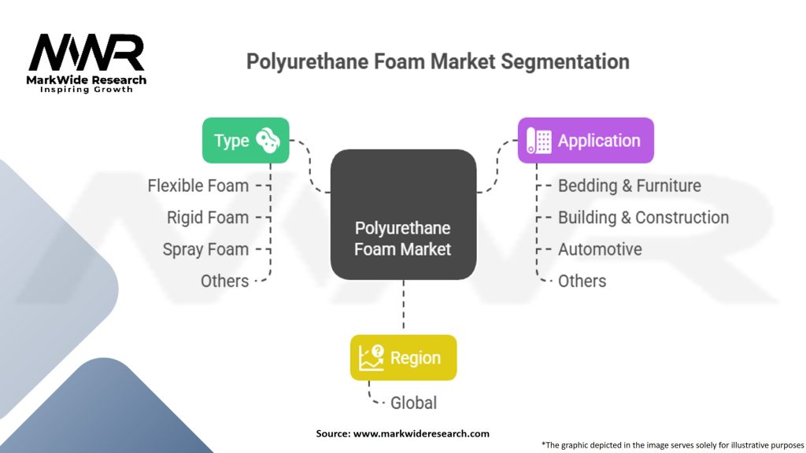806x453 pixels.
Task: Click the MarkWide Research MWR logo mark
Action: point(87,53)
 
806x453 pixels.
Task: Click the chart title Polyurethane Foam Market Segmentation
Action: point(438,61)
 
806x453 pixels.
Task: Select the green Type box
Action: point(246,141)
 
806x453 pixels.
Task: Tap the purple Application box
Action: point(586,141)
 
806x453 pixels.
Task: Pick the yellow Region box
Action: point(403,358)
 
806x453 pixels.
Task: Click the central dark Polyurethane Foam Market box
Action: point(403,215)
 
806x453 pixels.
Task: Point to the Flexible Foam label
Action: point(198,186)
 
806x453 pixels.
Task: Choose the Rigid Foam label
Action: point(207,217)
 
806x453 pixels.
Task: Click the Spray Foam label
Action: point(205,249)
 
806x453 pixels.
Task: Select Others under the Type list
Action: point(224,281)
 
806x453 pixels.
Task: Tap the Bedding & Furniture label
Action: point(629,186)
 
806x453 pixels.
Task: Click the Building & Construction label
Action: point(643,217)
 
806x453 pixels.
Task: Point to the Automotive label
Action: point(600,249)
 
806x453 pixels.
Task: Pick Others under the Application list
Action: point(582,281)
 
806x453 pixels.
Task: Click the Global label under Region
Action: point(413,403)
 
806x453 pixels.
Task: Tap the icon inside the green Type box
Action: point(268,141)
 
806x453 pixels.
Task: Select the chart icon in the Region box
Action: point(371,358)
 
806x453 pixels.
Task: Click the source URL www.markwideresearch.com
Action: point(421,433)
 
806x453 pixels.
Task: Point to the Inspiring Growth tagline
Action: point(87,90)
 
